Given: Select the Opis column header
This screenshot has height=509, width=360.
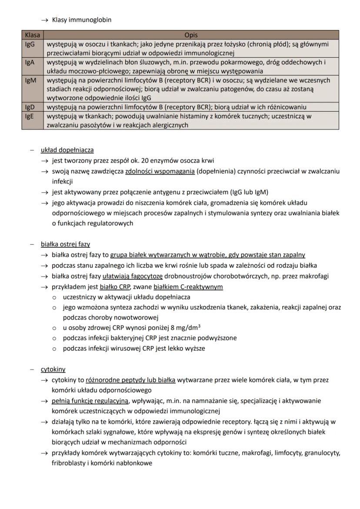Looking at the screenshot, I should (x=191, y=35).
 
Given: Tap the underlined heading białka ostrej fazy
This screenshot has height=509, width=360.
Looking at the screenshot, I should (x=71, y=244).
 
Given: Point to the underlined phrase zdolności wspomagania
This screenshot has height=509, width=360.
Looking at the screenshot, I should (x=160, y=171).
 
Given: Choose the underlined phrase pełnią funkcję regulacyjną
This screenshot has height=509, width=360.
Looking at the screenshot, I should (x=90, y=401).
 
